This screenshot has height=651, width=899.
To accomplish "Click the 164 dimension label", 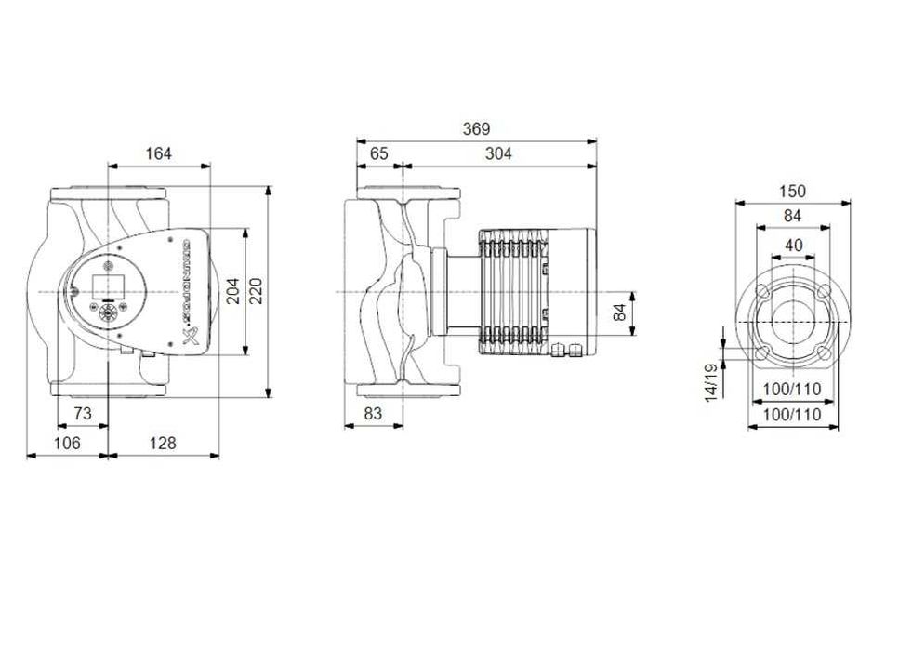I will tap(158, 153).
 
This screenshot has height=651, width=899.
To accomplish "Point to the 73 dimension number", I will tap(82, 413).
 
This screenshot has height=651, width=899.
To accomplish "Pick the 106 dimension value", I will tap(67, 444).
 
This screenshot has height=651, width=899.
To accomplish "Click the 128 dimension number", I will tap(163, 444).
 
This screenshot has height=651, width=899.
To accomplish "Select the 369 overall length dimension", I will tap(475, 129).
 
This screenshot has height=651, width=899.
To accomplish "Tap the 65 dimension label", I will tap(378, 153).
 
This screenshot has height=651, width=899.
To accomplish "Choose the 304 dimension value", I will tap(498, 153).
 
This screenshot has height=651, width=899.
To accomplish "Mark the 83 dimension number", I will tap(373, 413).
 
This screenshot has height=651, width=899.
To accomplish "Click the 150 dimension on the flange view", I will tap(792, 192).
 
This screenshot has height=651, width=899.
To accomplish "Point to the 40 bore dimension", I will tap(792, 246).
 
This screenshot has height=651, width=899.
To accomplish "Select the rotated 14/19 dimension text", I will tap(712, 382).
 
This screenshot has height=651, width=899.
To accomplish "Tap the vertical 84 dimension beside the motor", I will tap(620, 313).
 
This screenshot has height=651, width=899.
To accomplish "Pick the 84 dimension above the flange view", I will tap(792, 216).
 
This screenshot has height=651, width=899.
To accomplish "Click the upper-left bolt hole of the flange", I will tap(762, 292).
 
